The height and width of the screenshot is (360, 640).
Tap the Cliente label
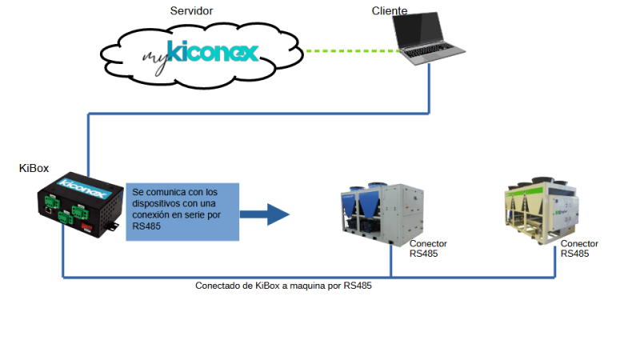point(390,10)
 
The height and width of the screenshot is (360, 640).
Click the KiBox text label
point(34,168)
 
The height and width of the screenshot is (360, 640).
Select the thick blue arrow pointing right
point(264,214)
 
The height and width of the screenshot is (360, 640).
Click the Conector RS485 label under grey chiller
point(428,249)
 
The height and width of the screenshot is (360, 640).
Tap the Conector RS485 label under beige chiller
point(579,249)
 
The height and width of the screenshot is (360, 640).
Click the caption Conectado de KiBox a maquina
point(283,286)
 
